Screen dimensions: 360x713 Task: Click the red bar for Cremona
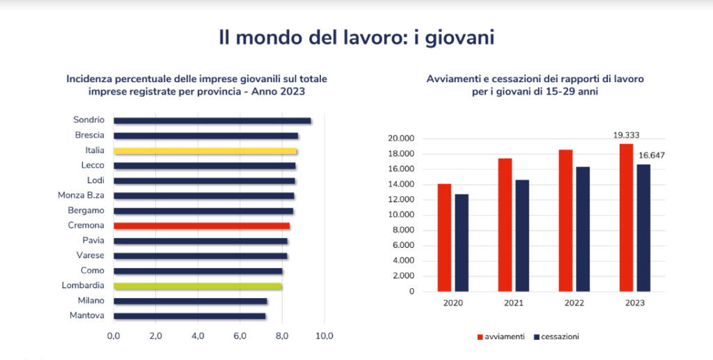[x=201, y=226]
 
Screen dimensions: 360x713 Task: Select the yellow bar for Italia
[x=205, y=150]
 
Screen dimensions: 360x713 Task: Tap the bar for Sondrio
[x=212, y=120]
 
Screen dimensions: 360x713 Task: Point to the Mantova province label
[x=87, y=315]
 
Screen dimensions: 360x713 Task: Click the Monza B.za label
[x=81, y=196]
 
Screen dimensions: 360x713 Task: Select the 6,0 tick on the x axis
[x=240, y=336]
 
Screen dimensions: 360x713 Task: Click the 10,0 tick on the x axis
[x=324, y=336]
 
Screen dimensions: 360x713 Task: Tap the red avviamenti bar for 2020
[x=444, y=237]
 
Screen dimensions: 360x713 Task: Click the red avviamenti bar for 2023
[x=626, y=217]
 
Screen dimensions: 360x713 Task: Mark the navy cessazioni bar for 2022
[x=582, y=229]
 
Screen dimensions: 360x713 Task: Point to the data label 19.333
[x=626, y=135]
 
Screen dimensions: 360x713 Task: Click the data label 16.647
[x=651, y=155]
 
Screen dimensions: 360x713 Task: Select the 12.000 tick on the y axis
[x=400, y=200]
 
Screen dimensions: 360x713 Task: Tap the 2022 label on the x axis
[x=574, y=304]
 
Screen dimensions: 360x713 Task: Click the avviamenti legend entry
[x=500, y=337]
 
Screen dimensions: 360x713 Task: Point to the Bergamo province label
[x=86, y=210]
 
